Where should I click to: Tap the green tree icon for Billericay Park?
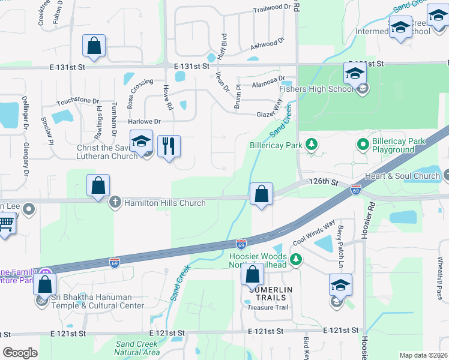coord(311,144)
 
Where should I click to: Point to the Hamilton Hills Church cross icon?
coord(115,202)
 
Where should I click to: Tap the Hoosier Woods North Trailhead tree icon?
coord(295,259)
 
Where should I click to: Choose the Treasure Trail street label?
coord(268,308)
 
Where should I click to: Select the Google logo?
coord(20,353)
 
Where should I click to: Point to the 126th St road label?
coord(321,181)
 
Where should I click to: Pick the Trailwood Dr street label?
coord(276,8)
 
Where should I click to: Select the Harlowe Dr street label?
coord(145,121)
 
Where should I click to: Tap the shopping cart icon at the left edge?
coord(5,224)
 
